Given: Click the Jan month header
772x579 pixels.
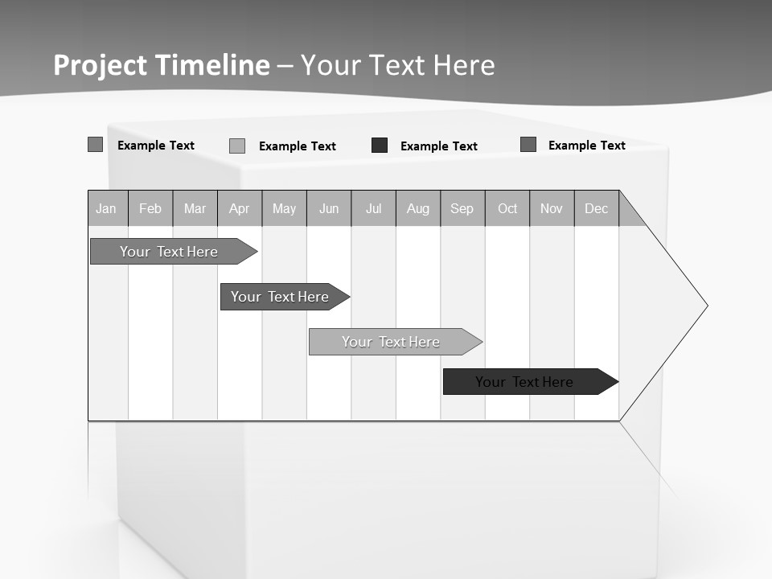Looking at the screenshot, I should pos(107,208).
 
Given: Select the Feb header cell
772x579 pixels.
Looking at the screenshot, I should pos(150,208).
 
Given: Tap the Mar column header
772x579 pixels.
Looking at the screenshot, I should pos(195,208).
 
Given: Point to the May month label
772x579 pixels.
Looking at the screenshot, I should pos(284,208).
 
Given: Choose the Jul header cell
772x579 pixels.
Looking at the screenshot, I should pos(373,208).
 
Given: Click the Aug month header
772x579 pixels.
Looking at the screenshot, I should pos(418,208).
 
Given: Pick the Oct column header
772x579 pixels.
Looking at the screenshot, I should pos(507,208).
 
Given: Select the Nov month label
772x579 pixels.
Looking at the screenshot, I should pos(552,208).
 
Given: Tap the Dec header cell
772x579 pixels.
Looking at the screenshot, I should pos(597,208).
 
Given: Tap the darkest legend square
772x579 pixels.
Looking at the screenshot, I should pos(380,146).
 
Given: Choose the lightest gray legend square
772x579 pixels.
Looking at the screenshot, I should pos(237,146).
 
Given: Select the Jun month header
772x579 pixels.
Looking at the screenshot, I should pos(329,208).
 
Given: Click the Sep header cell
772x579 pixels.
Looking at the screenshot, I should pos(462,208).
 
